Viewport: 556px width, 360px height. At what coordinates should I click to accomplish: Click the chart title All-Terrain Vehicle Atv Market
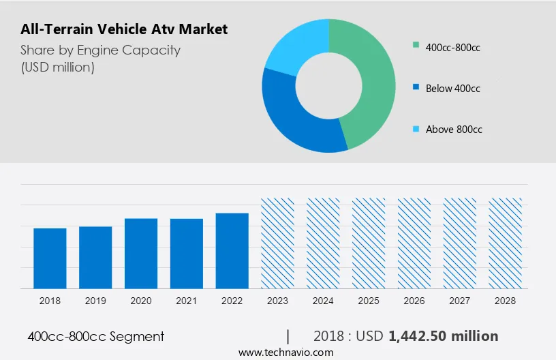(x=123, y=29)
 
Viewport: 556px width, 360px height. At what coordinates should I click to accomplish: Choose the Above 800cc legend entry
(x=454, y=129)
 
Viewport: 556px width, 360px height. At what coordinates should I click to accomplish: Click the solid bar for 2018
(x=50, y=258)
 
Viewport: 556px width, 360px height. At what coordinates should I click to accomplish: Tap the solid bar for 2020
(x=141, y=254)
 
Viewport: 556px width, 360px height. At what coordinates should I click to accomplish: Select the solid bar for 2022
(x=232, y=251)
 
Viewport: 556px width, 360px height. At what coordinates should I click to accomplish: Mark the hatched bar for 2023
(x=278, y=243)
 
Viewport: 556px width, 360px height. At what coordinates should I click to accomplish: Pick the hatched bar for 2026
(x=414, y=243)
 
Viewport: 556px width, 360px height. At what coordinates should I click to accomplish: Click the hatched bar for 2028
(x=506, y=243)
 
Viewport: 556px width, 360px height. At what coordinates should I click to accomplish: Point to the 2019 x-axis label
(x=95, y=301)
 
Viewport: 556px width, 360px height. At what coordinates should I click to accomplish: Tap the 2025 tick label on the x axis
(x=369, y=301)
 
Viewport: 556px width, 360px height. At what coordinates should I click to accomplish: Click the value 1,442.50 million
(x=443, y=336)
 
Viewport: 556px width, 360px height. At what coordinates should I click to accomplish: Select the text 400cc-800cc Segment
(x=96, y=336)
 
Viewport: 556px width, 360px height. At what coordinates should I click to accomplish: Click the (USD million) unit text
(x=57, y=67)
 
